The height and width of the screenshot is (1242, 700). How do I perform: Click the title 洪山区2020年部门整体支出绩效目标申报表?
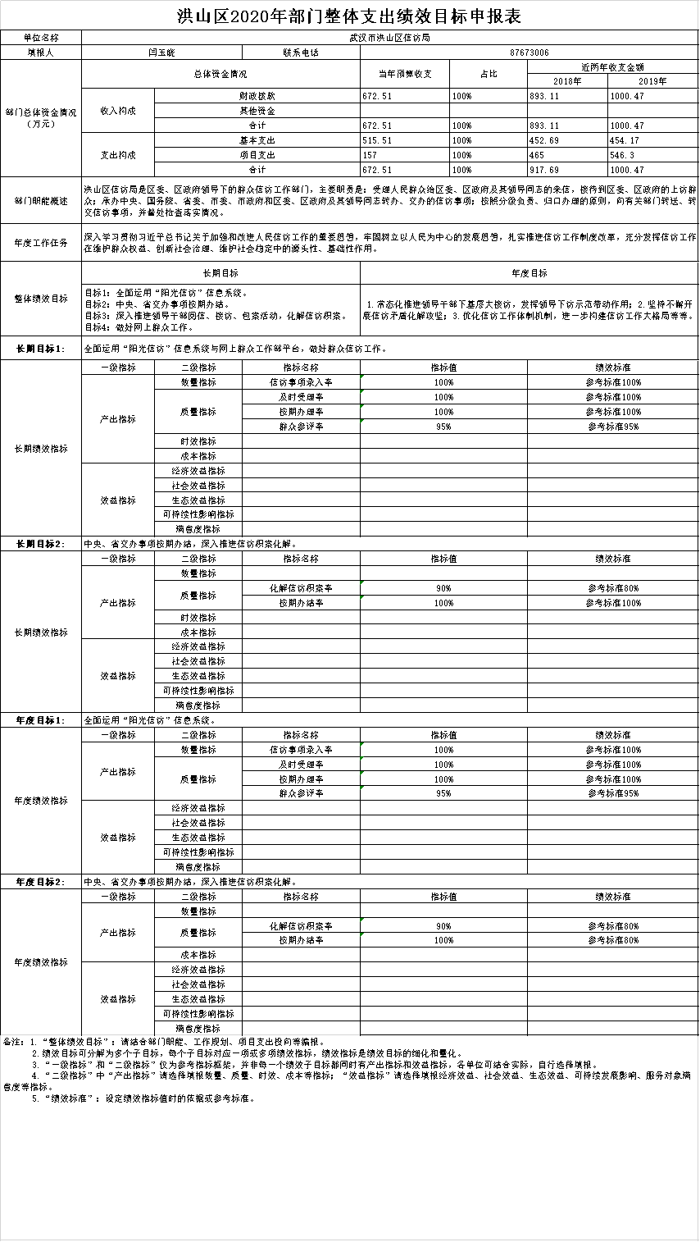[x=349, y=16]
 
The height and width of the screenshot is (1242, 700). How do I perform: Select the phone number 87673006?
[x=529, y=53]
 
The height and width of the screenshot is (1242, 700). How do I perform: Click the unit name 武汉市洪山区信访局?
[x=390, y=38]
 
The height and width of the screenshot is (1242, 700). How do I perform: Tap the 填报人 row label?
[x=40, y=53]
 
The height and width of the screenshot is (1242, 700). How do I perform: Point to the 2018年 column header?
[x=567, y=81]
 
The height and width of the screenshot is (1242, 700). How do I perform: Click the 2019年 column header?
[x=652, y=81]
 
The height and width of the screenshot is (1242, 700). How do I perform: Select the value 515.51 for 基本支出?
[x=377, y=140]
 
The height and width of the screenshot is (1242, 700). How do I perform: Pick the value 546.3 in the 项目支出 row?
[x=624, y=155]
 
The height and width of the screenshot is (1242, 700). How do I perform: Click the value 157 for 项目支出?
[x=370, y=155]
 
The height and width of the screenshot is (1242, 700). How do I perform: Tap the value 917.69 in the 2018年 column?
[x=544, y=170]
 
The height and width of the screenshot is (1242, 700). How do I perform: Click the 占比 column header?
[x=488, y=74]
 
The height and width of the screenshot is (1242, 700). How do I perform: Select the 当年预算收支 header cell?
[x=405, y=74]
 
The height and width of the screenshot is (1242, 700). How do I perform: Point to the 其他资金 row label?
[x=257, y=111]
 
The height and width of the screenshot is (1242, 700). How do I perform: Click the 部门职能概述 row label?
[x=40, y=200]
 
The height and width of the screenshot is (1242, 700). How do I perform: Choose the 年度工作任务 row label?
[x=40, y=243]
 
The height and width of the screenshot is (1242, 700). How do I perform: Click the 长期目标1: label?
[x=40, y=349]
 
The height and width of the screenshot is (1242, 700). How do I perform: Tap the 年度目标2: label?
[x=40, y=882]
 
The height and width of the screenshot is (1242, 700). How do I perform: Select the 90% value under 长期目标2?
[x=443, y=588]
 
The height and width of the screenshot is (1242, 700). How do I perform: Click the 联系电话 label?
[x=300, y=53]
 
